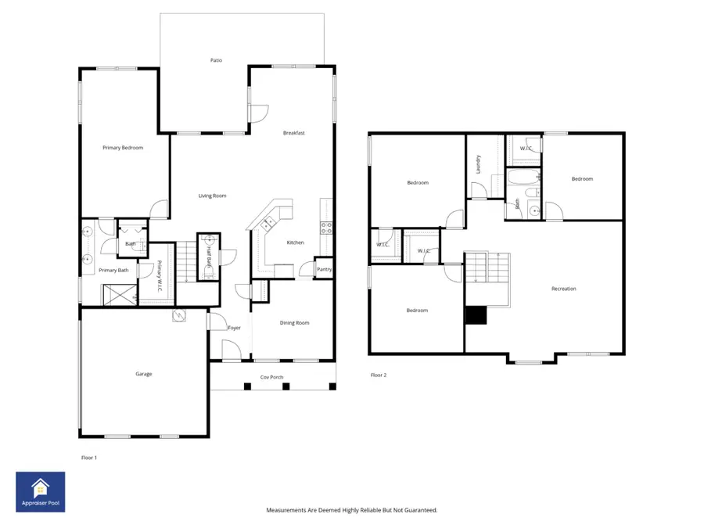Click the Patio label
[216, 60]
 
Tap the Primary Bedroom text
[123, 147]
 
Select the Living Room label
[212, 196]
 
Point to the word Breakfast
[294, 133]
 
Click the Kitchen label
[295, 242]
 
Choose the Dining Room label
[295, 322]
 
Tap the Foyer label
[234, 328]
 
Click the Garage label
[143, 374]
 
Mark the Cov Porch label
[271, 377]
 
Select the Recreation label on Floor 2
[563, 289]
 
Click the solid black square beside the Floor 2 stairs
[476, 314]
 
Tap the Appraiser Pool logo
[41, 491]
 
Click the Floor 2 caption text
[379, 375]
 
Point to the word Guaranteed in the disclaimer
[418, 510]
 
